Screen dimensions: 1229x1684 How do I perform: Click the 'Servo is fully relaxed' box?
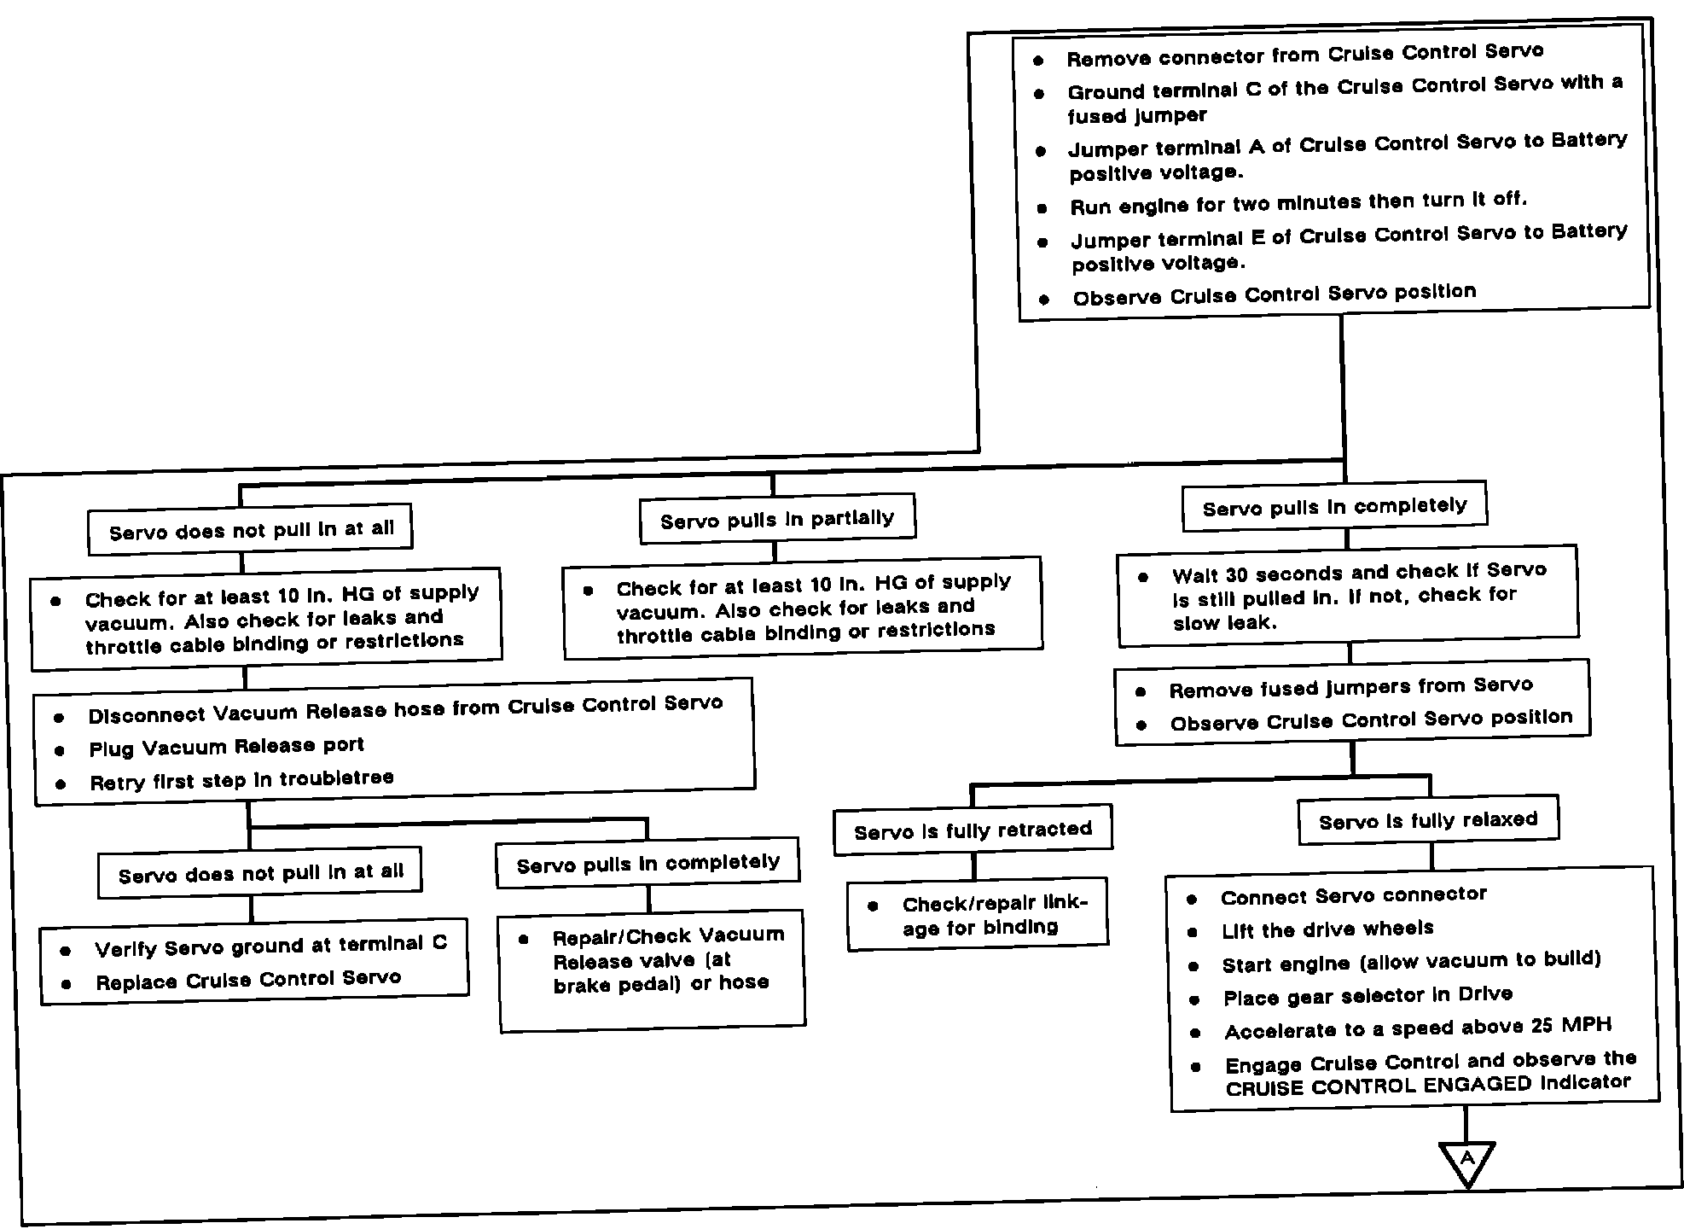[1428, 821]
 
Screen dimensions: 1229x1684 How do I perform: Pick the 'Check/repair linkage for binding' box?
[978, 915]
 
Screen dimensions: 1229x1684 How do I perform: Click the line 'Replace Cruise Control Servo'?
[248, 980]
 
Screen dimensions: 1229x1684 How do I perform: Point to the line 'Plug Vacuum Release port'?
[227, 747]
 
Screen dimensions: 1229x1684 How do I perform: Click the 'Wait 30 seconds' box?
[1348, 596]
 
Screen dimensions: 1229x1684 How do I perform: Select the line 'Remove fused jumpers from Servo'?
[1350, 687]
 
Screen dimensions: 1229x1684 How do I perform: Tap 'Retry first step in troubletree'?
[241, 779]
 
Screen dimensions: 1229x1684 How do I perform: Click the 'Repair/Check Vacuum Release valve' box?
[653, 970]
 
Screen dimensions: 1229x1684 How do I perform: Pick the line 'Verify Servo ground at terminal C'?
[270, 946]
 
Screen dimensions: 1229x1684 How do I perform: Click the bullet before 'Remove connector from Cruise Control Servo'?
[1038, 61]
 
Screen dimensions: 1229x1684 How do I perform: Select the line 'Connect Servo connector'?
[1353, 895]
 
